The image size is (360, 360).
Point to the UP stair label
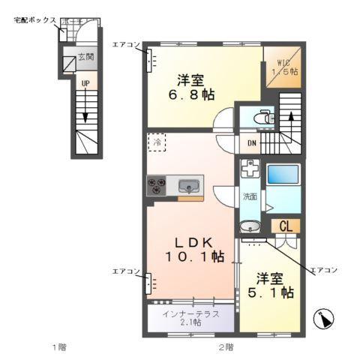click(x=85, y=82)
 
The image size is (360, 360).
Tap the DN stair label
click(x=252, y=143)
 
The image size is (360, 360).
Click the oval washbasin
click(x=250, y=225)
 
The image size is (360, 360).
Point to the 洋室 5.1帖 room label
click(x=270, y=283)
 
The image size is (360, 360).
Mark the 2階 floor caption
click(x=225, y=346)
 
